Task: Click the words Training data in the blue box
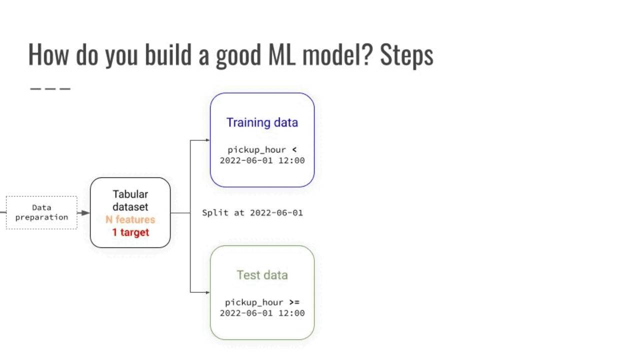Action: [x=262, y=122]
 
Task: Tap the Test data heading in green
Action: [x=262, y=275]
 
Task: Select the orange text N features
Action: [x=130, y=219]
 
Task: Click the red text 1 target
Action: [x=130, y=232]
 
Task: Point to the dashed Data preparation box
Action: [x=41, y=212]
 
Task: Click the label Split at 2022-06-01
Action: [x=252, y=212]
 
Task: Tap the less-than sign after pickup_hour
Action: [x=294, y=149]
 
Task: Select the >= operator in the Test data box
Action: [x=294, y=302]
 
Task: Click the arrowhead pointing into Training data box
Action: [x=207, y=140]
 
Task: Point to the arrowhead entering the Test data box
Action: [x=207, y=292]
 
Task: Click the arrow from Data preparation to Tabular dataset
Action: [x=84, y=212]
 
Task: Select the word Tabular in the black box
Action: [x=130, y=194]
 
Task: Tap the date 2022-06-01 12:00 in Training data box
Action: [x=262, y=160]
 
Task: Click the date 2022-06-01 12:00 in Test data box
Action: [x=262, y=313]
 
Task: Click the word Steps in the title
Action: [x=406, y=55]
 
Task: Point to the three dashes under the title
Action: [x=50, y=89]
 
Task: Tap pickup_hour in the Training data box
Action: [x=256, y=149]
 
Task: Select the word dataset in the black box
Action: [x=130, y=206]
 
